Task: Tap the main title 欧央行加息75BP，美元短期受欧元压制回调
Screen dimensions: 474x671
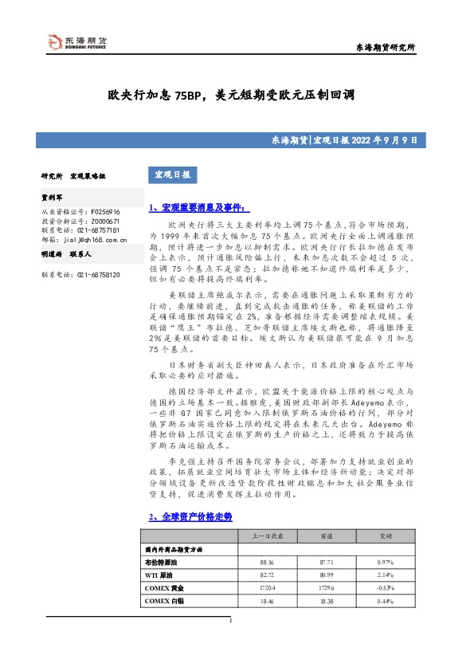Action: click(x=230, y=95)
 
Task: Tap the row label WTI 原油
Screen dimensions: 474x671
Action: click(x=161, y=574)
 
